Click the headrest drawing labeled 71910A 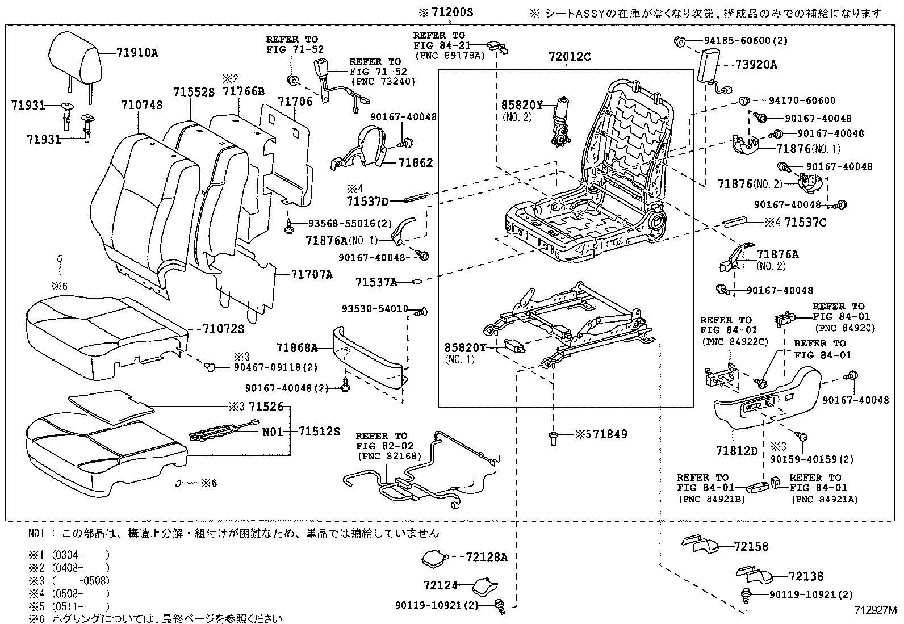[x=76, y=56]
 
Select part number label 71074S [x=142, y=104]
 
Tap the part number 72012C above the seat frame [x=570, y=57]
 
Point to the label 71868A [x=297, y=347]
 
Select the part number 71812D [x=736, y=450]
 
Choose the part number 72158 [x=751, y=546]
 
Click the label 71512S [x=319, y=432]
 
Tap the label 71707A [x=312, y=274]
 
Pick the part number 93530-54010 [x=375, y=309]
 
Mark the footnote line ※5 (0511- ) [x=68, y=606]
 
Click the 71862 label [x=415, y=163]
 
